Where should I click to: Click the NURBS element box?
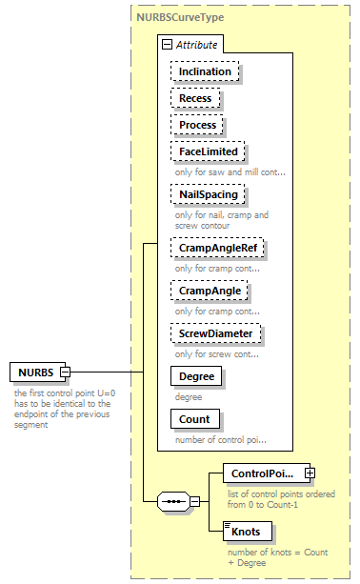35,372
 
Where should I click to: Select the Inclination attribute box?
205,71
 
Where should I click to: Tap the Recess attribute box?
195,98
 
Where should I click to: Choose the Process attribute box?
198,125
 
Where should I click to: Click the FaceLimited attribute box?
207,151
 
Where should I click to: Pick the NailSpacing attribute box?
208,194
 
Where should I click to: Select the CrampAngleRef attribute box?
217,249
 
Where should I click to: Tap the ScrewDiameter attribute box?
216,333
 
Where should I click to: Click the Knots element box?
245,531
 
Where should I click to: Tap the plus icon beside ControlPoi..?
310,473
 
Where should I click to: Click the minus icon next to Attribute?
167,44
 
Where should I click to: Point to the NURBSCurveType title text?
181,18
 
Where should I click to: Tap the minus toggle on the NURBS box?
66,372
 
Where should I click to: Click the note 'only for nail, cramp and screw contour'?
221,220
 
